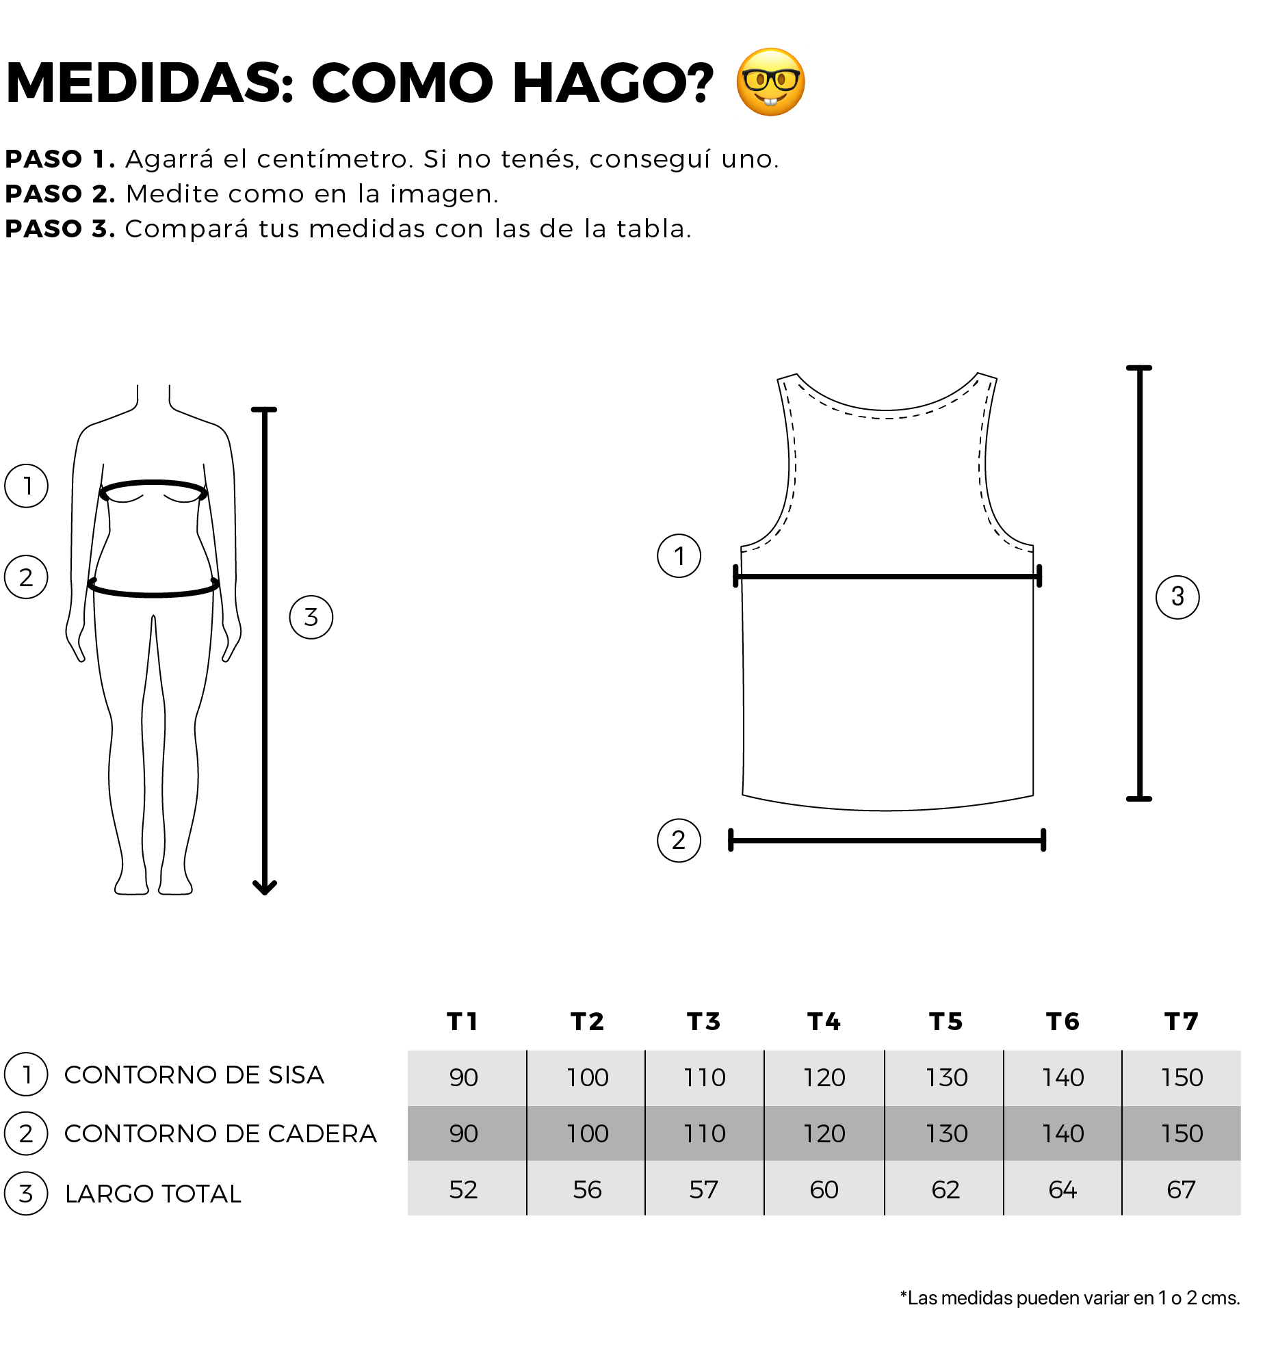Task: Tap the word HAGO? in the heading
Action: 612,83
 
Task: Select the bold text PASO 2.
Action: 60,194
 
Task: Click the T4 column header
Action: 824,1022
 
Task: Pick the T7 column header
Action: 1182,1022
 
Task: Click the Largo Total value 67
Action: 1182,1190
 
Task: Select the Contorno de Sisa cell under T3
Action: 705,1078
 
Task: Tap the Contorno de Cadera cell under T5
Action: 946,1134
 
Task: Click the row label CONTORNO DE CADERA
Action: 220,1134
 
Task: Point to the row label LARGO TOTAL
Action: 153,1194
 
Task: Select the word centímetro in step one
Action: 335,159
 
